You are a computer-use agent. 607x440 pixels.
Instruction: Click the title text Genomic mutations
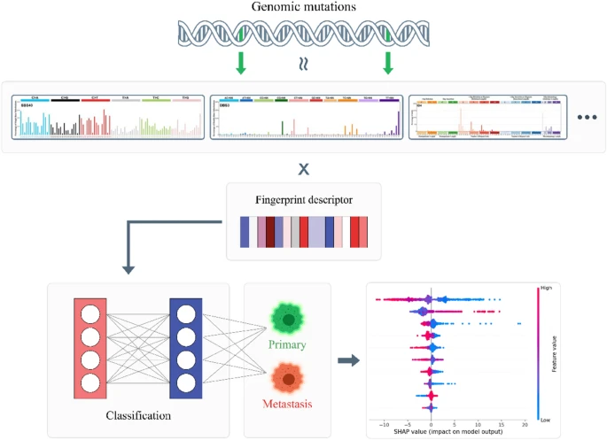pyautogui.click(x=302, y=8)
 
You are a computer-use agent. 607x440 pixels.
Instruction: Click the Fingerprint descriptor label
pyautogui.click(x=303, y=199)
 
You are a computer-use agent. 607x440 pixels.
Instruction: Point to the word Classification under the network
pyautogui.click(x=137, y=413)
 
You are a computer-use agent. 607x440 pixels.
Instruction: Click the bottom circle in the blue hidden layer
pyautogui.click(x=185, y=382)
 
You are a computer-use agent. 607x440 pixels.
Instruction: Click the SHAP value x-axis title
pyautogui.click(x=452, y=433)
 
